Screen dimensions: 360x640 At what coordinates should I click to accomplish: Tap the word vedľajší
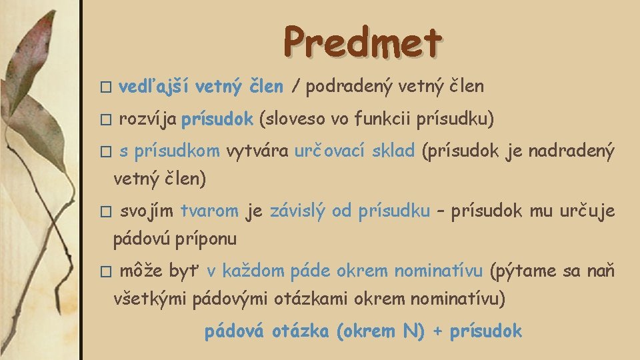149,86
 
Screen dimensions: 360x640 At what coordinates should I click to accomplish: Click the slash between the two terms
294,86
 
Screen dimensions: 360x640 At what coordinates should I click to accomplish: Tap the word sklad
393,151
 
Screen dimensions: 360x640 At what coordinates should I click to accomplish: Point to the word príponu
207,239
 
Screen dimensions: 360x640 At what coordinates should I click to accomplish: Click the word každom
253,271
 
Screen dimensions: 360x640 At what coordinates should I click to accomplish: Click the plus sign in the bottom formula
437,331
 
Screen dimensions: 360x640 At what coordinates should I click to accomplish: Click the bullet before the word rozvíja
103,121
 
